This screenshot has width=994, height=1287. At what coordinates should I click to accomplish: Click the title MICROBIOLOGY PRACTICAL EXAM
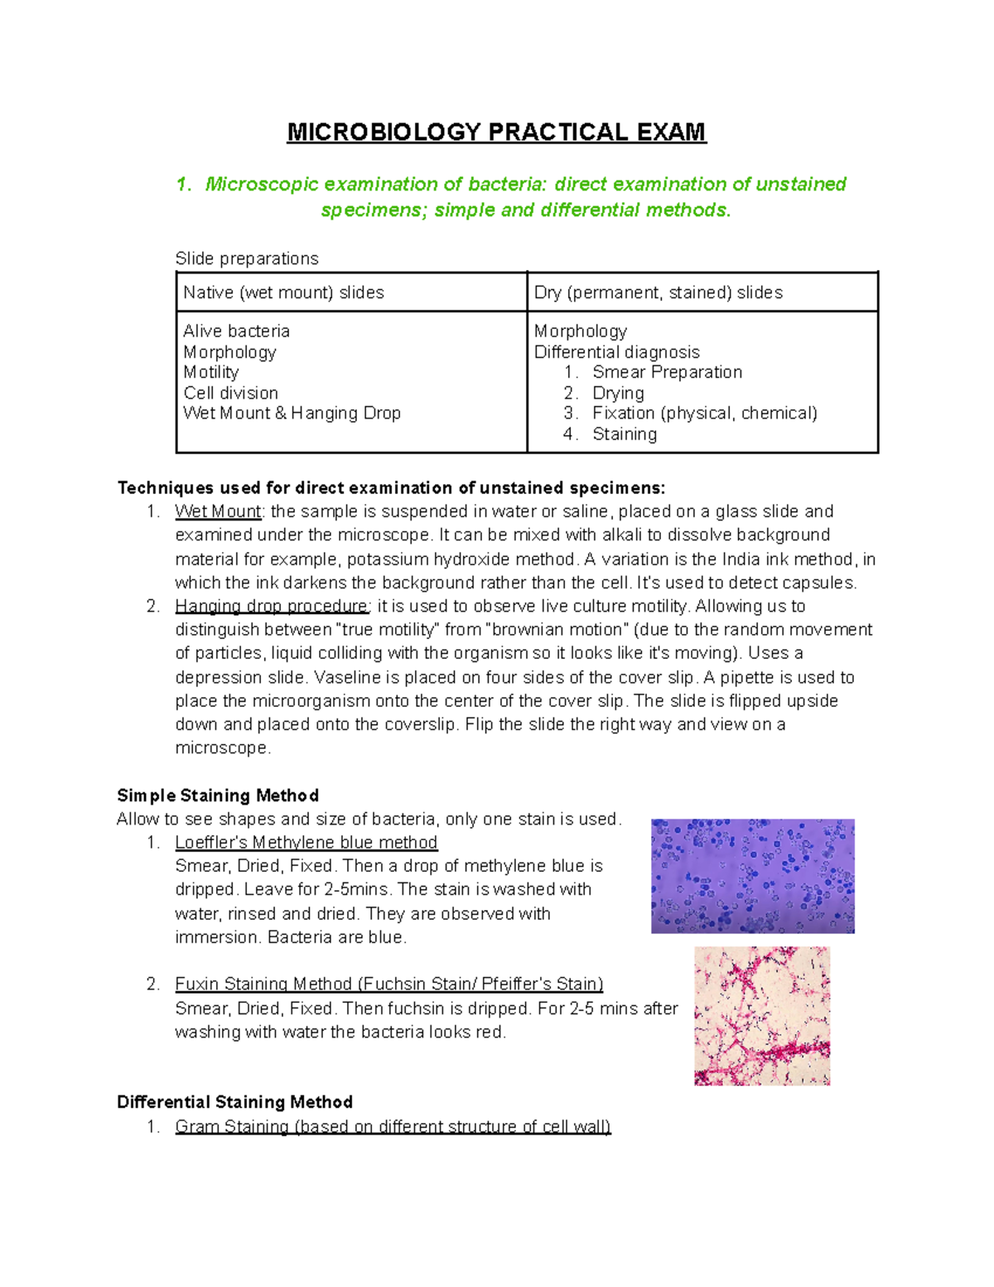coord(496,133)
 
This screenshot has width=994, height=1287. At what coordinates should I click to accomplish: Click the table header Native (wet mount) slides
coord(283,293)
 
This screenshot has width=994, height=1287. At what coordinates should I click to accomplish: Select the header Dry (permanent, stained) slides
coord(658,293)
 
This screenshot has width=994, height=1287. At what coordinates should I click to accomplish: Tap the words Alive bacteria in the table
coord(236,331)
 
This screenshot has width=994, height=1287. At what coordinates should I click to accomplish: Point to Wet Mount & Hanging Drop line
coord(292,413)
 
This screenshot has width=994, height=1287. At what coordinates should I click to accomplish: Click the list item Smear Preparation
coord(667,372)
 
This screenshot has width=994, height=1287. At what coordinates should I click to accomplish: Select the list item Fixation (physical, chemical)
coord(704,413)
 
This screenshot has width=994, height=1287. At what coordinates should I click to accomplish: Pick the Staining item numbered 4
coord(625,434)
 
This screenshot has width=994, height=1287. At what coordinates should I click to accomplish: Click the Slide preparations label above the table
coord(247,259)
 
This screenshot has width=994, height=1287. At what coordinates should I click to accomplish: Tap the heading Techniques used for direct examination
coord(391,487)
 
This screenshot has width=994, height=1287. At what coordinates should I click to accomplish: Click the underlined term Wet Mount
coord(218,511)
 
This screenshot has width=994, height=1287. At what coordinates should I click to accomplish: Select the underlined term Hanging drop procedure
coord(272,606)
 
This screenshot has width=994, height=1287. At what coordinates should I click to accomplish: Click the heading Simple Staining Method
coord(218,796)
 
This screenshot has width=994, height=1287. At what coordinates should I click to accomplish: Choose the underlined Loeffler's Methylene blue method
coord(306,843)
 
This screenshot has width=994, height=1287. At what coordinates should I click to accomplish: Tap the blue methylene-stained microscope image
coord(752,876)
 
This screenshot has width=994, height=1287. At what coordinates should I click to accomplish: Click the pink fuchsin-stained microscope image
coord(761,1016)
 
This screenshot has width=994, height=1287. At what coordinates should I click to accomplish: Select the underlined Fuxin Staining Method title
coord(388,984)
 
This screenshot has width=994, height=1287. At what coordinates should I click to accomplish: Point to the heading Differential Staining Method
coord(234,1102)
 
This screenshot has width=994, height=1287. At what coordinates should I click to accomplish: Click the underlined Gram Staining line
coord(393,1126)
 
